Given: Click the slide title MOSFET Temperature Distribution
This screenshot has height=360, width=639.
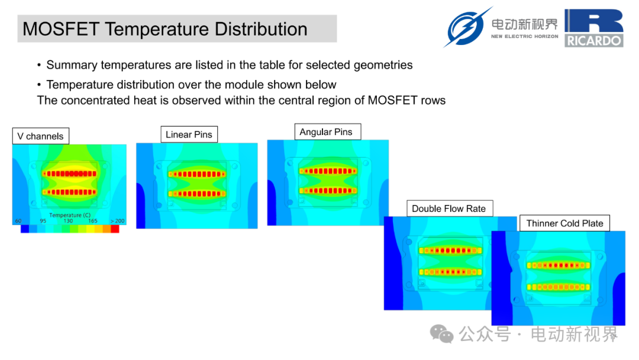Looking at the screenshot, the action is [165, 29].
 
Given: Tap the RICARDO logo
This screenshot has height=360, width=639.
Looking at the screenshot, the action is [594, 28].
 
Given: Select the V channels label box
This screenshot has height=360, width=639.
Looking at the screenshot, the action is [41, 136].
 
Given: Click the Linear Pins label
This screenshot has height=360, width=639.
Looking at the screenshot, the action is [189, 134].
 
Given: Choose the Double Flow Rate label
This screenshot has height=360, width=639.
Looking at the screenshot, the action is [450, 209].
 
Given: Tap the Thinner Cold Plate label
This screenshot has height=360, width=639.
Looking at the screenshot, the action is [565, 223].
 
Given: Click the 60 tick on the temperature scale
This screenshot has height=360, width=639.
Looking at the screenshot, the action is [18, 221].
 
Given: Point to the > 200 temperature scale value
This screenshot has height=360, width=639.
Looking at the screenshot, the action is [117, 221].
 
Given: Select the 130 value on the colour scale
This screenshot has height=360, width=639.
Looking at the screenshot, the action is [68, 221].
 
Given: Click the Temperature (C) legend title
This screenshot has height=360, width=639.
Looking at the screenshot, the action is [70, 216].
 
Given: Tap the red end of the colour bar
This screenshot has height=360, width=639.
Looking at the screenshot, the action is [115, 229].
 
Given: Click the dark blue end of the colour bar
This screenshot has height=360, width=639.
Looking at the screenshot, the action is [25, 229].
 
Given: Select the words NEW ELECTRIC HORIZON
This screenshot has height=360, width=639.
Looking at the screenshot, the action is [524, 36].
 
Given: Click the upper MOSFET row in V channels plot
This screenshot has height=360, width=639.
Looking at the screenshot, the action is [70, 173].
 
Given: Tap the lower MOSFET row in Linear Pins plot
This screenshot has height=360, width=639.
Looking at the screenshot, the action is [197, 194].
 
